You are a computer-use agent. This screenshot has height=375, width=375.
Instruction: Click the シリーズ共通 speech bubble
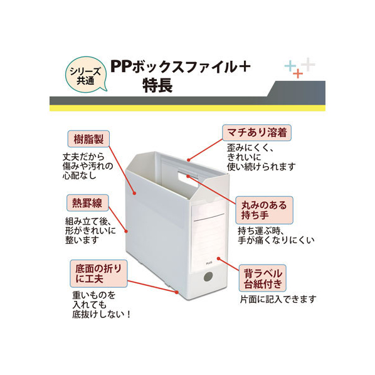[x=86, y=75]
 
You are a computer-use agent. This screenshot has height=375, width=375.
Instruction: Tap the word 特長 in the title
[x=157, y=85]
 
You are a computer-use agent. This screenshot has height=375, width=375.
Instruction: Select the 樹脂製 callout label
[x=88, y=139]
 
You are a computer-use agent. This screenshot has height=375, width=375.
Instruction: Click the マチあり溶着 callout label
[x=256, y=132]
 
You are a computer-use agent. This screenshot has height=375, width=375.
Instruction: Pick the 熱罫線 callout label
[x=88, y=203]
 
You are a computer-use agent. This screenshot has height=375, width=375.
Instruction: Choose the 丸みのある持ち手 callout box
[x=264, y=210]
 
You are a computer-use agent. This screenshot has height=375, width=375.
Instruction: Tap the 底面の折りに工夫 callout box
[x=98, y=274]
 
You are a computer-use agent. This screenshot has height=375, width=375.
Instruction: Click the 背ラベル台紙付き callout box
[x=263, y=278]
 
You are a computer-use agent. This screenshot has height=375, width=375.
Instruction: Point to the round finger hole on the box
[x=208, y=277]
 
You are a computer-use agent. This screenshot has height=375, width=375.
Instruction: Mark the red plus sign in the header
[x=298, y=73]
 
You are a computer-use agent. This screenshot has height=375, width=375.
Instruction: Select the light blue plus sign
[x=290, y=66]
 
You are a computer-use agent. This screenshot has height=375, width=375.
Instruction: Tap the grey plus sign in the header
[x=308, y=65]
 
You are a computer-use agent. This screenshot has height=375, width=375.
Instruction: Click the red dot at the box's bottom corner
[x=177, y=292]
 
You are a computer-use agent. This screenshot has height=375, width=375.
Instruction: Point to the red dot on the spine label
[x=219, y=258]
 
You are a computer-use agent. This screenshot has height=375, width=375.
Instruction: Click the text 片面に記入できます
[x=278, y=299]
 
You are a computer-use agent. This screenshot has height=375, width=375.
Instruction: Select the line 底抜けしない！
[x=102, y=315]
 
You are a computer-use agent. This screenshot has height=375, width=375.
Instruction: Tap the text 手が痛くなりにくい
[x=276, y=240]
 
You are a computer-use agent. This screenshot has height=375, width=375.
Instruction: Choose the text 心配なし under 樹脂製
[x=79, y=176]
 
